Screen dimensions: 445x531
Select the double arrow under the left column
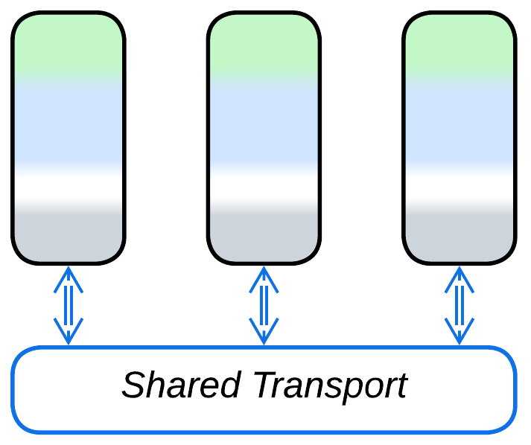[x=69, y=305]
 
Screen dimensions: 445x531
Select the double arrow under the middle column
[x=264, y=305]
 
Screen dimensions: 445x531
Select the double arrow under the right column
[x=460, y=305]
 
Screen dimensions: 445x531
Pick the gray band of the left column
[x=69, y=234]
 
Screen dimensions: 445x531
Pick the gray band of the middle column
[x=264, y=234]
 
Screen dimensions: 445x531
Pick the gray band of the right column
[x=460, y=234]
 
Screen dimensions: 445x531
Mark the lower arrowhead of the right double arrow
[x=460, y=332]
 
